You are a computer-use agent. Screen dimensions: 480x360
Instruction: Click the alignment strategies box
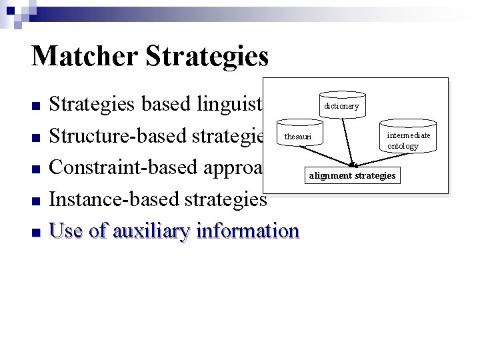click(x=351, y=176)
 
